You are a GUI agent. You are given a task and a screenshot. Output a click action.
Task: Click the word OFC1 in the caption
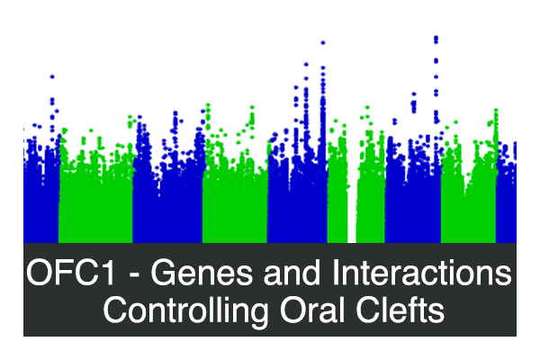(x=70, y=273)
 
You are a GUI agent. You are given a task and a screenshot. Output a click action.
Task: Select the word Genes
(x=202, y=273)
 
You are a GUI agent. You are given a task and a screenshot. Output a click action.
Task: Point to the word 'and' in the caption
(x=292, y=272)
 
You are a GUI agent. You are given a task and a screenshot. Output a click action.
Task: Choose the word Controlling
(x=185, y=310)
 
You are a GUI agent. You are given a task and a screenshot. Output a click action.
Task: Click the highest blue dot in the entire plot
(x=436, y=37)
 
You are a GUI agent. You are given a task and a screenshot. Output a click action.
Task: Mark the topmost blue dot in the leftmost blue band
(x=52, y=76)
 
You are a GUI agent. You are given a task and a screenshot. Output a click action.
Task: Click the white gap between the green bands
(x=352, y=213)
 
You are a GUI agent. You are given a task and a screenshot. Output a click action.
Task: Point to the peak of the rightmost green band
(x=496, y=111)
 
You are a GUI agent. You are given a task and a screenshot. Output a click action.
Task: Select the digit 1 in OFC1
(x=107, y=273)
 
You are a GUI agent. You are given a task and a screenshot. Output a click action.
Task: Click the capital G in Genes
(x=164, y=273)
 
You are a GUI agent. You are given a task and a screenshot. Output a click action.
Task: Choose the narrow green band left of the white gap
(x=337, y=193)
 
